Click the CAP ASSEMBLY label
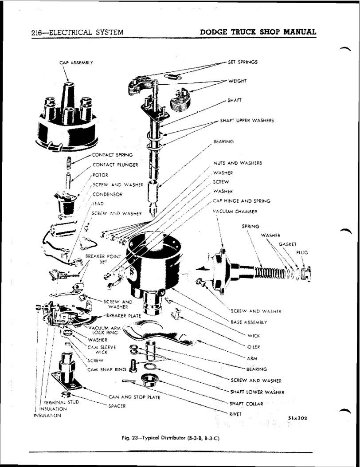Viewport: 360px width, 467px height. pyautogui.click(x=76, y=63)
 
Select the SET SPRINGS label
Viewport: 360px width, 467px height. pyautogui.click(x=243, y=62)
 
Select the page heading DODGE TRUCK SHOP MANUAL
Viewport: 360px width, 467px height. pyautogui.click(x=258, y=32)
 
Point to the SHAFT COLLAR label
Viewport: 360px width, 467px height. pyautogui.click(x=247, y=404)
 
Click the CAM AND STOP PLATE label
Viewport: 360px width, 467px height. pyautogui.click(x=134, y=397)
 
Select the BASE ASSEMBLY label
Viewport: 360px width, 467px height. pyautogui.click(x=249, y=322)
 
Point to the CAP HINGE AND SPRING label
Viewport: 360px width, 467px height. pyautogui.click(x=242, y=201)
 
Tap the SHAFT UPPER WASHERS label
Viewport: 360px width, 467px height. pyautogui.click(x=247, y=120)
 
